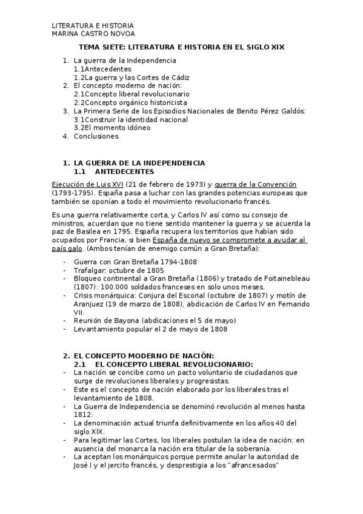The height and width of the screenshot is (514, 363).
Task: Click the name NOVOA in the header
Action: [x=121, y=34]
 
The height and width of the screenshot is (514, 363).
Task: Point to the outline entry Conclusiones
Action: [x=96, y=136]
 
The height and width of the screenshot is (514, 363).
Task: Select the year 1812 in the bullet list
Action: [x=82, y=414]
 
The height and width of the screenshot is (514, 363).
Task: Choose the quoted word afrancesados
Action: [x=252, y=465]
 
